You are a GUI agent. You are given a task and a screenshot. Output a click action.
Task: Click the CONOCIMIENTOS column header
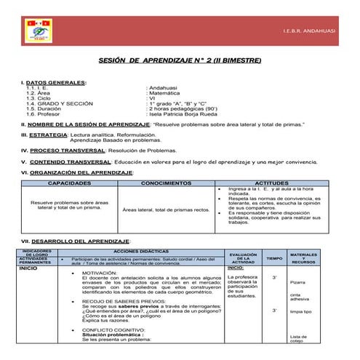[x=167, y=183]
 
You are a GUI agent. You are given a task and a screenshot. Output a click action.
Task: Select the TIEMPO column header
[x=273, y=258]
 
